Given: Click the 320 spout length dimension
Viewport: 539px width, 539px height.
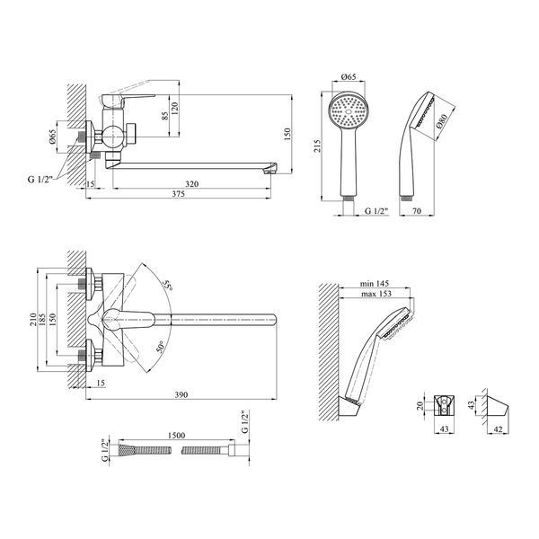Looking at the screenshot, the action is point(191,184).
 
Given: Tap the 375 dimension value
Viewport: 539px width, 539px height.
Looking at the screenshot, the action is point(179,194).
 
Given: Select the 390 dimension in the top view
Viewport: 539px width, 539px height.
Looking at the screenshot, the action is point(181,395).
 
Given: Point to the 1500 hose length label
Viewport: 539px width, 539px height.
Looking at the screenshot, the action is point(176,436).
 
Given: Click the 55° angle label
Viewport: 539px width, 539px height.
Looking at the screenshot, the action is point(168,285).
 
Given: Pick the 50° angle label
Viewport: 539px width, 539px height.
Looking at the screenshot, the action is point(161,347).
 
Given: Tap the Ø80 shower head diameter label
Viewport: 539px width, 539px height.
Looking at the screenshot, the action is point(442,121).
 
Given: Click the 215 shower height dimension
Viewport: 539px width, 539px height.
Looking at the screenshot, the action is point(317,146).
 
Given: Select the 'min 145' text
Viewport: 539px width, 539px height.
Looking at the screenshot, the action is point(375,284).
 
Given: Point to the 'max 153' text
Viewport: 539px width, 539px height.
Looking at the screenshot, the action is point(376,294).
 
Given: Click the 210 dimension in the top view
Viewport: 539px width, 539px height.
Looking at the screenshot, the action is point(33,320).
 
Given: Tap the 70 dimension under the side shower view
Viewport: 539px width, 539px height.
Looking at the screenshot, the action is point(417,211).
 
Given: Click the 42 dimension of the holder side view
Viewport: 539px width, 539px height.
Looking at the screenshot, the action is point(498,429).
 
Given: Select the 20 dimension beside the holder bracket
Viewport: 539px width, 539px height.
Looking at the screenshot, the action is point(420,406).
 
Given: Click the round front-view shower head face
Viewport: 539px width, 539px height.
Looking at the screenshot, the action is point(349,111).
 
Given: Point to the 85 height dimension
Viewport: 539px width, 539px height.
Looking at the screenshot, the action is point(165,116).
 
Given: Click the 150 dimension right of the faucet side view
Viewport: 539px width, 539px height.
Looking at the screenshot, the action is point(287,134).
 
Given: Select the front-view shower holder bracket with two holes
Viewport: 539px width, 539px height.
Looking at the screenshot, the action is point(444,406).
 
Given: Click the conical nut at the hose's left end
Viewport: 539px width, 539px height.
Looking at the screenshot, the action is point(123,450).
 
